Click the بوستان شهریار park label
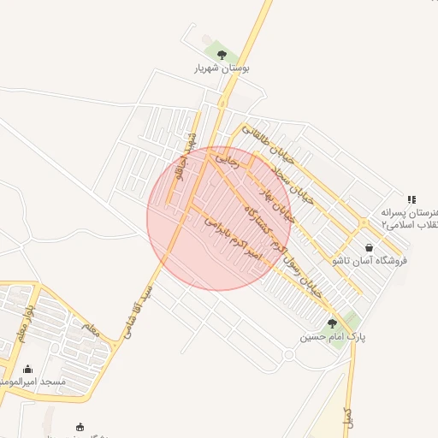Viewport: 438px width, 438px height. point(222,68)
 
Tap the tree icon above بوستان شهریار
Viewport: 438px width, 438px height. point(222,55)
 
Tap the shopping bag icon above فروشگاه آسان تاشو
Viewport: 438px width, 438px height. point(369,247)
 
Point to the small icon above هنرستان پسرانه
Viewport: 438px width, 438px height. point(411,198)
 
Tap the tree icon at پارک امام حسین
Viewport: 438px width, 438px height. point(332,323)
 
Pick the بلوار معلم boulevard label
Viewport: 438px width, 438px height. point(29,318)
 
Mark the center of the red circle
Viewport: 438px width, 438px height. point(219,218)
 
